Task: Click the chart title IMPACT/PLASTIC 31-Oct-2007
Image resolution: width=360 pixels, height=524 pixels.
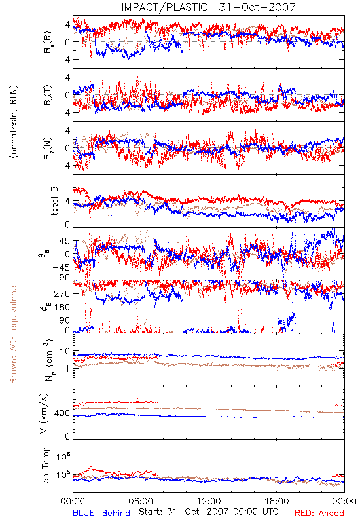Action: pyautogui.click(x=208, y=7)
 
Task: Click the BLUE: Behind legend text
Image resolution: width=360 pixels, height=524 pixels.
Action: pyautogui.click(x=101, y=513)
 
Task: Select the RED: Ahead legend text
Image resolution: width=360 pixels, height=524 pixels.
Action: pyautogui.click(x=319, y=513)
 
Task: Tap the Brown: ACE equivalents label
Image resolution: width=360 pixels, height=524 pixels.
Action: pyautogui.click(x=13, y=333)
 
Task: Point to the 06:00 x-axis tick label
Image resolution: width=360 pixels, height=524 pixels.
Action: pyautogui.click(x=141, y=502)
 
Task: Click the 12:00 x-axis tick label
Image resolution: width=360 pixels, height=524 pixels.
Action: pyautogui.click(x=209, y=502)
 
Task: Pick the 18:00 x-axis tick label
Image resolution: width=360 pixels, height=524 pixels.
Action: pyautogui.click(x=277, y=502)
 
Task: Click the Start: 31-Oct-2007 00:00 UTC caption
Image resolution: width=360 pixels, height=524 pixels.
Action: pyautogui.click(x=209, y=512)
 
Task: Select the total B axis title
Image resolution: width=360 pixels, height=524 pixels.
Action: pyautogui.click(x=54, y=201)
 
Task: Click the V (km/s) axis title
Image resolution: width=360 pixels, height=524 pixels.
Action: pyautogui.click(x=44, y=414)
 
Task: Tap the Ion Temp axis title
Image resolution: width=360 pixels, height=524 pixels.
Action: pyautogui.click(x=45, y=466)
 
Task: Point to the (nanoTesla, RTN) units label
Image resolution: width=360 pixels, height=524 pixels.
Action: pyautogui.click(x=14, y=121)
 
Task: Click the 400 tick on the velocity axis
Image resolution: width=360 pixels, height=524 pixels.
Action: pyautogui.click(x=62, y=413)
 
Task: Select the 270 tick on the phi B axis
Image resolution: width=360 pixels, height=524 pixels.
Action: pyautogui.click(x=62, y=294)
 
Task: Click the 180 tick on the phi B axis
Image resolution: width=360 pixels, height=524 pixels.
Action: pyautogui.click(x=62, y=307)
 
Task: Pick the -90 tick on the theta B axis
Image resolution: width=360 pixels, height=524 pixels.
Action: pyautogui.click(x=61, y=278)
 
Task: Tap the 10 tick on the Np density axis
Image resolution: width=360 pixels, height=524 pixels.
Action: pyautogui.click(x=65, y=352)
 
